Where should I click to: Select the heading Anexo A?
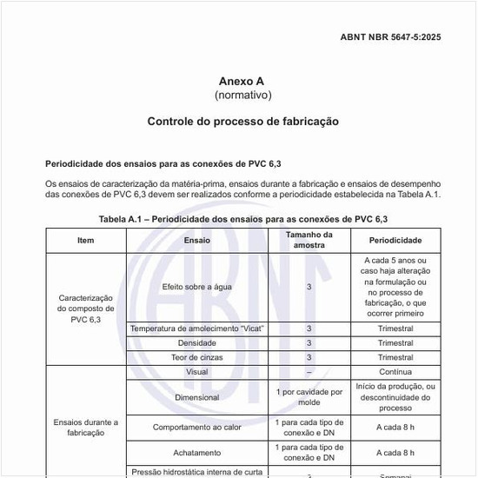pos(242,81)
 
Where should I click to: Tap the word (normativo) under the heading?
pos(242,94)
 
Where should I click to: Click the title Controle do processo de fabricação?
pos(242,121)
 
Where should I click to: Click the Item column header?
pos(85,240)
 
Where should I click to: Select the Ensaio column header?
pos(196,240)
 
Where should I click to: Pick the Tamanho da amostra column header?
pos(309,240)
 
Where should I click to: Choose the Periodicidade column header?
pos(395,240)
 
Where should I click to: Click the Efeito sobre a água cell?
pos(196,287)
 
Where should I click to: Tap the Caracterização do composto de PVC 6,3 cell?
pos(85,309)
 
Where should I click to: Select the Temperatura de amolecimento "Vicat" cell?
pos(196,329)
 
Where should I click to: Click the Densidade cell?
pos(196,343)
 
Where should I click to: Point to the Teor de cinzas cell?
pos(196,357)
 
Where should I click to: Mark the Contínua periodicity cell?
pos(395,372)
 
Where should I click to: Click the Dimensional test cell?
pos(196,397)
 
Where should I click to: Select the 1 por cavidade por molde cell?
pos(309,397)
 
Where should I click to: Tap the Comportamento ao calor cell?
pos(196,428)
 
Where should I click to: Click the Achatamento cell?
pos(196,453)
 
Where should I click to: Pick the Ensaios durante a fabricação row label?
pos(85,427)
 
